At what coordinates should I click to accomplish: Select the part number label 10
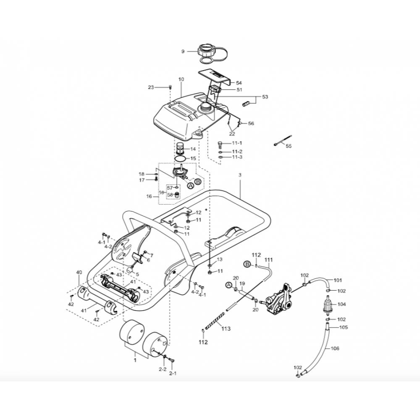181,79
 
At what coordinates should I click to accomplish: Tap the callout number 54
239,83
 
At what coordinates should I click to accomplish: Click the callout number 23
151,87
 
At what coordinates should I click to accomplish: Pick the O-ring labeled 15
180,159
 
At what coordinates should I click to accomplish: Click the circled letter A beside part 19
228,285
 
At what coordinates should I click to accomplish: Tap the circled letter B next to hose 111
247,264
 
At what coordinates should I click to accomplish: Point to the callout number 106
335,349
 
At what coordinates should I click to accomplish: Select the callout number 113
226,329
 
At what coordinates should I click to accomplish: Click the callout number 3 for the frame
240,175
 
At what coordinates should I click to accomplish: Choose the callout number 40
79,273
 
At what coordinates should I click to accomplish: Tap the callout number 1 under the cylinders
135,360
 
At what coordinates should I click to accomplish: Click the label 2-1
173,373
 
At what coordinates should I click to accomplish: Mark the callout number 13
220,259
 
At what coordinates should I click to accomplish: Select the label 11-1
237,143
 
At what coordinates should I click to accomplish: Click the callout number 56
251,123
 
